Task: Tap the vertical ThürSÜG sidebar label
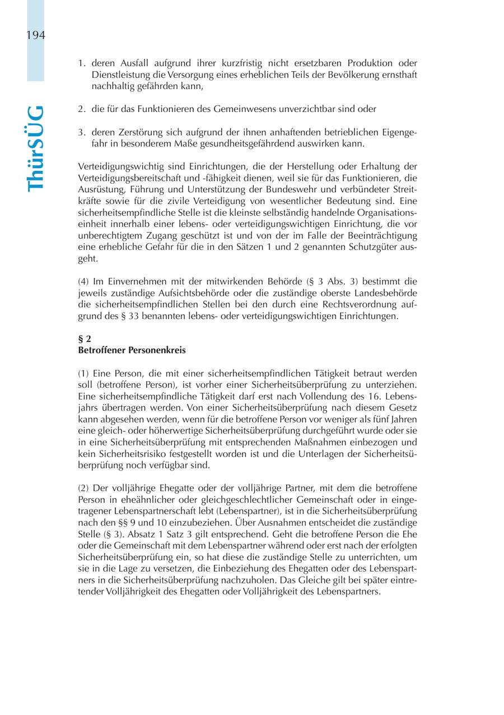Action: (35, 148)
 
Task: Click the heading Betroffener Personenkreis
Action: (132, 350)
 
